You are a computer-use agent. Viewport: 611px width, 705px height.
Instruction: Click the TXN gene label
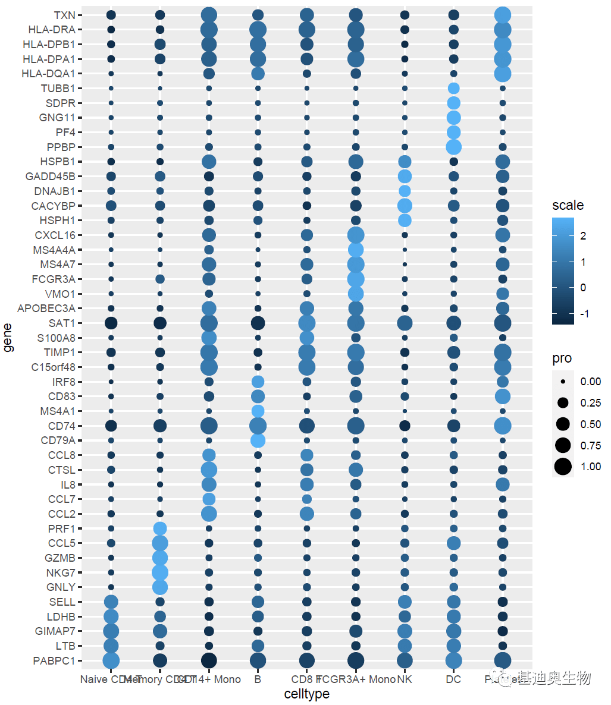coord(64,15)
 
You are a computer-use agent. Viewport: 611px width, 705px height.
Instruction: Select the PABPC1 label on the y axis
coord(55,660)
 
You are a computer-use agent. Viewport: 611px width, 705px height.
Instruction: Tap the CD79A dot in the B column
coord(258,440)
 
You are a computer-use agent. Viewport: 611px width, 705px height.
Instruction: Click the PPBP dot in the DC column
coord(453,147)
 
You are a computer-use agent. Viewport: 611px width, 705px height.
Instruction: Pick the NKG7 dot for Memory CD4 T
coord(159,572)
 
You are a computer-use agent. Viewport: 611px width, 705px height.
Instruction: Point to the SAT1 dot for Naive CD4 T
coord(111,323)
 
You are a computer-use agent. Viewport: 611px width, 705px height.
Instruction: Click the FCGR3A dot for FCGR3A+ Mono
coord(356,279)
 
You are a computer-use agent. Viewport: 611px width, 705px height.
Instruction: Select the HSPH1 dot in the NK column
coord(405,220)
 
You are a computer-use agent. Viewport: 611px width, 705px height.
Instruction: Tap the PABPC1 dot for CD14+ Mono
coord(209,660)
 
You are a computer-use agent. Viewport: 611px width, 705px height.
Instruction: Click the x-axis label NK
coord(405,679)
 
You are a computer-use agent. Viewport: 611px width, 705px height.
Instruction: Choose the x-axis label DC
coord(453,679)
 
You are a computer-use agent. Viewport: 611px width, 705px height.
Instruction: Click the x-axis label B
coord(258,679)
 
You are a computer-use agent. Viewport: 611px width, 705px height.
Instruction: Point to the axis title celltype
coord(306,694)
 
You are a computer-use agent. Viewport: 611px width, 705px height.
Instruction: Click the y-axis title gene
coord(8,338)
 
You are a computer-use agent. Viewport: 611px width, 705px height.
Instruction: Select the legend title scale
coord(568,206)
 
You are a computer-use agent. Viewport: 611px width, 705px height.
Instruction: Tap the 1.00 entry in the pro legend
coord(591,467)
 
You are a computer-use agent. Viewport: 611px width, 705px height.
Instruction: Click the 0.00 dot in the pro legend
coord(563,382)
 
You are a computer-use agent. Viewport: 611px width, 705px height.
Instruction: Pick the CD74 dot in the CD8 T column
coord(307,426)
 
